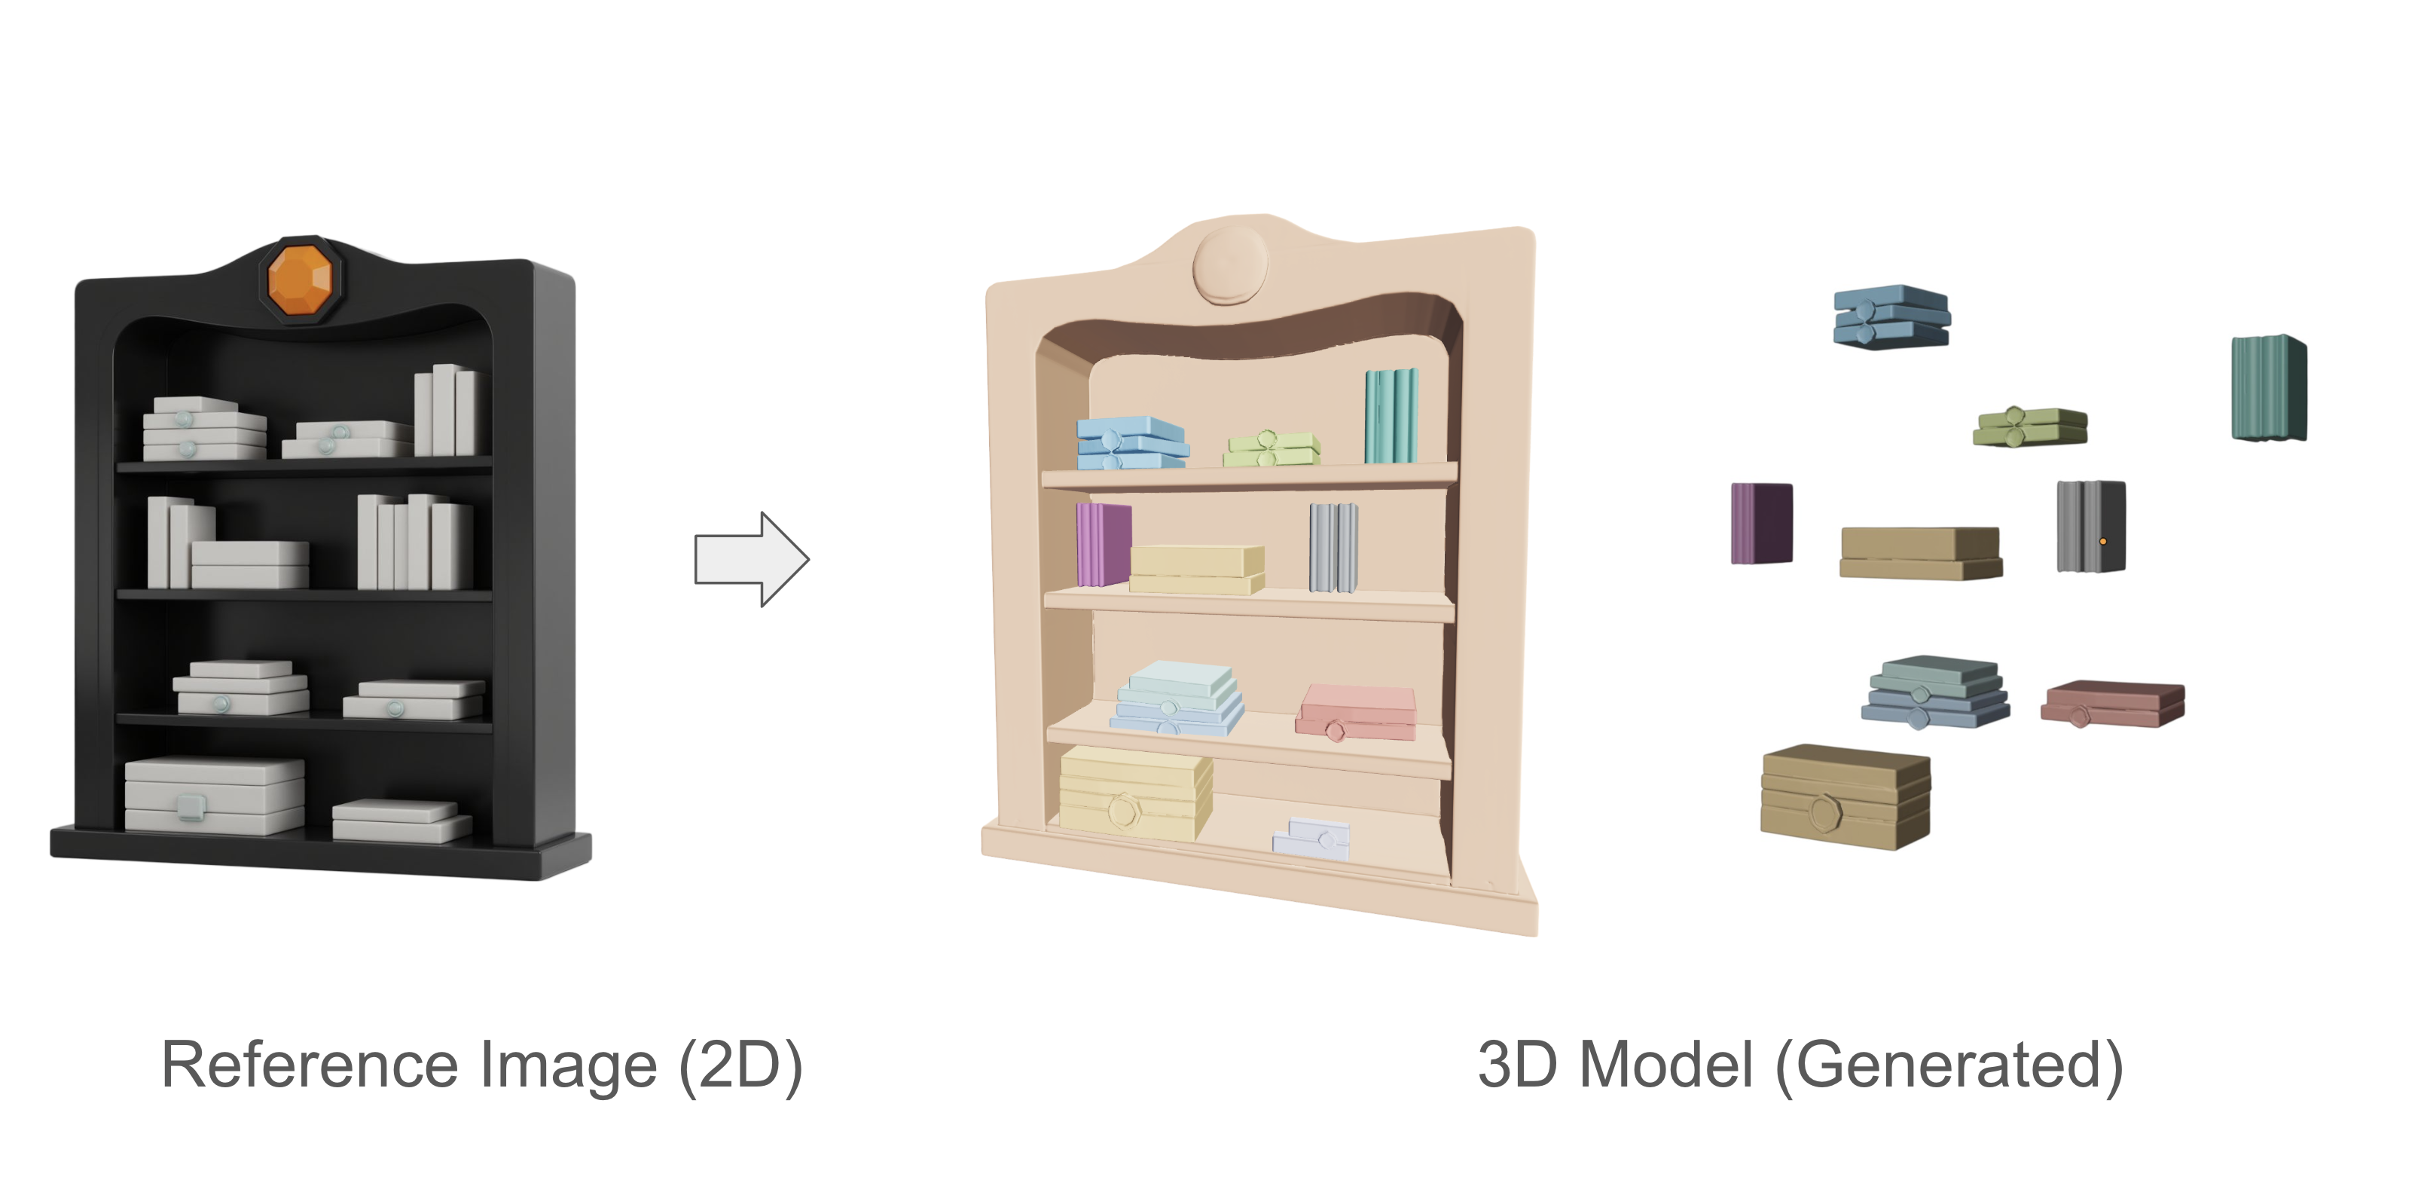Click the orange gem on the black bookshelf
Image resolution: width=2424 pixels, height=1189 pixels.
301,279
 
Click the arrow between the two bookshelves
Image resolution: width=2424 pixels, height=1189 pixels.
751,559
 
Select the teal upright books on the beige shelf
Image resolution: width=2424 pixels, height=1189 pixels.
1391,415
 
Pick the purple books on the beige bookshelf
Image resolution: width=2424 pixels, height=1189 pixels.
1104,544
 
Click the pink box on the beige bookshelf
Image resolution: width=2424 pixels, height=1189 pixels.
1356,713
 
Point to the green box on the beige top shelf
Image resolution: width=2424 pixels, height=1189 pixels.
1272,448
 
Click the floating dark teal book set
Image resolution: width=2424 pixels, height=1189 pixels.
2269,387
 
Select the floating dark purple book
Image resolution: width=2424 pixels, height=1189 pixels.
1762,524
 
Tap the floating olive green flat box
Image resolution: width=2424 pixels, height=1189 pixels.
2030,426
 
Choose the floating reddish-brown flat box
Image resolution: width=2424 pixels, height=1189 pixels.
2113,703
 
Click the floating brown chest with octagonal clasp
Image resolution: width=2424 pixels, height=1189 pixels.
1845,796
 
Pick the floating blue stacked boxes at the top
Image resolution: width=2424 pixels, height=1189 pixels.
1891,317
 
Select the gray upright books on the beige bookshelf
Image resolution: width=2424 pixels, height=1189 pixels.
1333,547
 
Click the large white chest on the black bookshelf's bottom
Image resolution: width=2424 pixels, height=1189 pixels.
215,796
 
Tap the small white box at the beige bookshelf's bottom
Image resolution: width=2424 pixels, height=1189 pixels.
1311,838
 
